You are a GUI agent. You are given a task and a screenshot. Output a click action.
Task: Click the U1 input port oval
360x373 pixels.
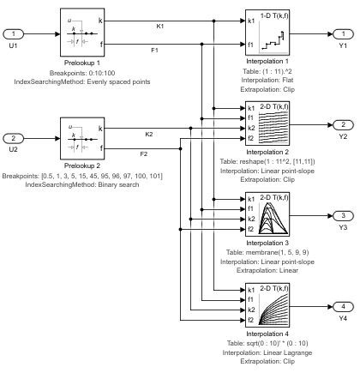(x=13, y=34)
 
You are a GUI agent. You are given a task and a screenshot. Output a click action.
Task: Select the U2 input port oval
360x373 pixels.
(x=13, y=139)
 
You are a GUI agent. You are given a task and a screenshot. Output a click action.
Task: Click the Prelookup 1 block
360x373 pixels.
(x=82, y=33)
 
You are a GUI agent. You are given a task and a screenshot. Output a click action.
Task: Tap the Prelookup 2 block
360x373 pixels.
(x=82, y=138)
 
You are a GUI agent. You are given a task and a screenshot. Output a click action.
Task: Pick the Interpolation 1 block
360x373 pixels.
(x=267, y=33)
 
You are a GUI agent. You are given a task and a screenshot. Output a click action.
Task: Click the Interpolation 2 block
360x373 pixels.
(x=267, y=123)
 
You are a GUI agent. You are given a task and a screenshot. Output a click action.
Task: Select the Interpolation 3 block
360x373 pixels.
(x=267, y=214)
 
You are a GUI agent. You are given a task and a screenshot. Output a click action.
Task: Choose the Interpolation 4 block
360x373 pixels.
(x=267, y=305)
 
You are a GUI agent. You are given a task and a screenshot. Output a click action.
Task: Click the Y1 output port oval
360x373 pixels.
(x=343, y=34)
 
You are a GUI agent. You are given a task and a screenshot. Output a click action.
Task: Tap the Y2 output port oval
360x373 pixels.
(x=343, y=125)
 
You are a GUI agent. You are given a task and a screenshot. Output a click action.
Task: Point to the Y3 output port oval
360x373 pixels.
(x=343, y=216)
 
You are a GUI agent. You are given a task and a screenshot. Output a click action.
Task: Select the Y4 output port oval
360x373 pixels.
(x=343, y=307)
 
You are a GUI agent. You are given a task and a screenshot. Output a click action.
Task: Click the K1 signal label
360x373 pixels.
(x=160, y=27)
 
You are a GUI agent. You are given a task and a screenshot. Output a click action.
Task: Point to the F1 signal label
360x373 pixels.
(x=154, y=51)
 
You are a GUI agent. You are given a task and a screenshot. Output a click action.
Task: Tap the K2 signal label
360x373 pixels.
(x=149, y=135)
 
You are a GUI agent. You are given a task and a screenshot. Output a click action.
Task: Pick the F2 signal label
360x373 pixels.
(x=144, y=154)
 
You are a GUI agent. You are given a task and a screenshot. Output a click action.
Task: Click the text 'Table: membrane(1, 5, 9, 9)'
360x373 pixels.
(x=267, y=252)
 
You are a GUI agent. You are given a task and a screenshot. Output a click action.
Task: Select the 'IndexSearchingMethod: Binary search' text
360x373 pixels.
(x=82, y=184)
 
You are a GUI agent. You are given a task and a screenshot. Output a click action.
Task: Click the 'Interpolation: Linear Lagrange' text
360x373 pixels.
(x=267, y=352)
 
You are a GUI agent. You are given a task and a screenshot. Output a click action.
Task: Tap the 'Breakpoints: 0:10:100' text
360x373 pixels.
(x=82, y=73)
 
